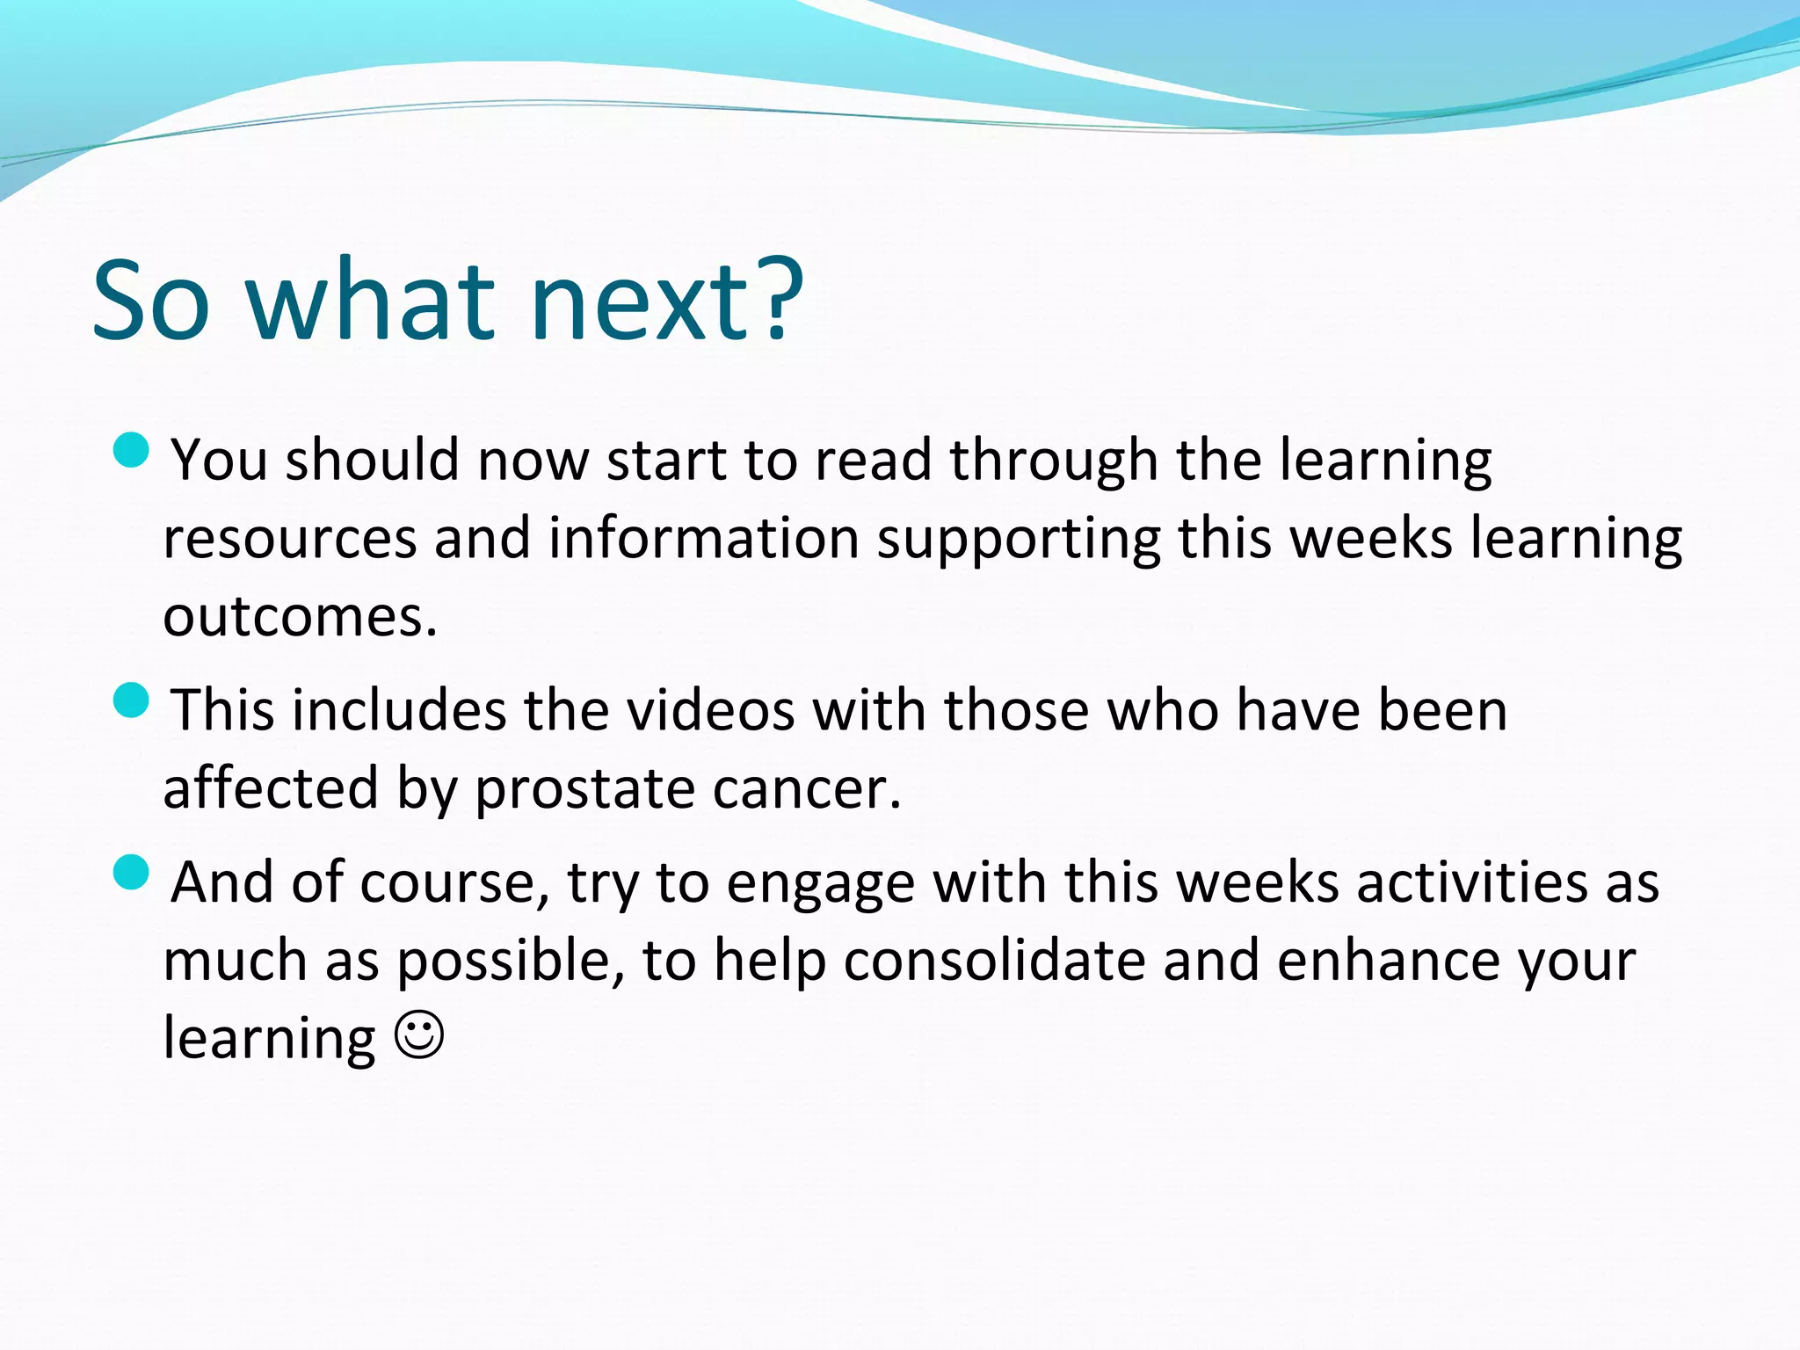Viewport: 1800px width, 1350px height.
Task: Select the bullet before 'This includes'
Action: click(x=132, y=700)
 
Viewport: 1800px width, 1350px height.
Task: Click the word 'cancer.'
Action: click(x=807, y=788)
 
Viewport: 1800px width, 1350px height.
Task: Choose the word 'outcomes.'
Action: click(x=300, y=617)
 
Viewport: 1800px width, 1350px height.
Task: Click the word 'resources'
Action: click(x=289, y=539)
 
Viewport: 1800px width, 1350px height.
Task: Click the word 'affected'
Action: click(x=271, y=788)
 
